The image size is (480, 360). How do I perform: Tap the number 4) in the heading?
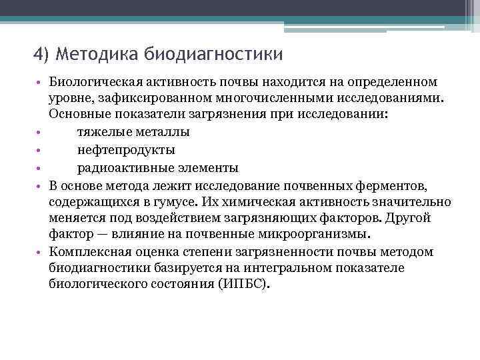point(42,53)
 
